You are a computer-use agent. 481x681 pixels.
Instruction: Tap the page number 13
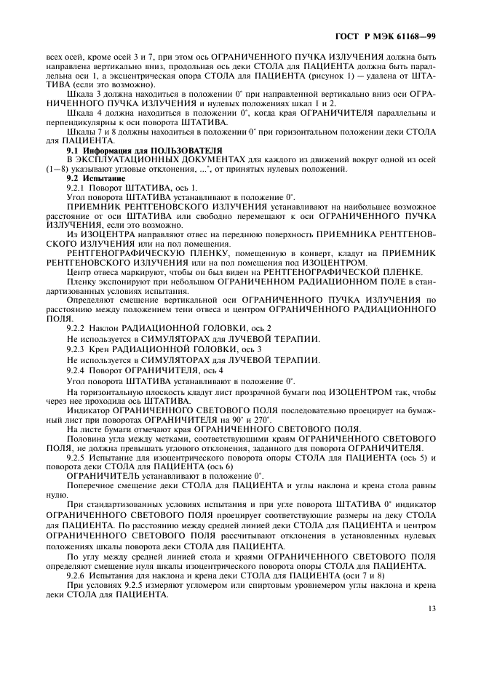pos(432,629)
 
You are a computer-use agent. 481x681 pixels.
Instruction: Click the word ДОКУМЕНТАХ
pos(183,158)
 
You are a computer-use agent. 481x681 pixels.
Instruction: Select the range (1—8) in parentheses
pos(57,168)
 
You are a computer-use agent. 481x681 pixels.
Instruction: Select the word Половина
pos(86,440)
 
